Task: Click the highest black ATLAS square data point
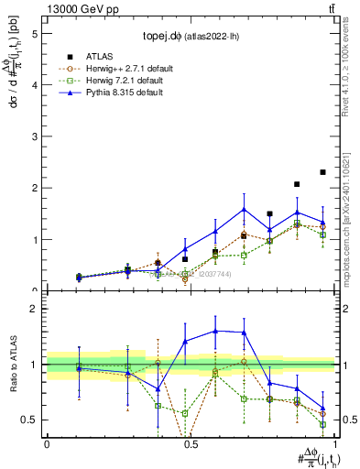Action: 322,172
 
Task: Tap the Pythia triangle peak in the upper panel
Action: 244,209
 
